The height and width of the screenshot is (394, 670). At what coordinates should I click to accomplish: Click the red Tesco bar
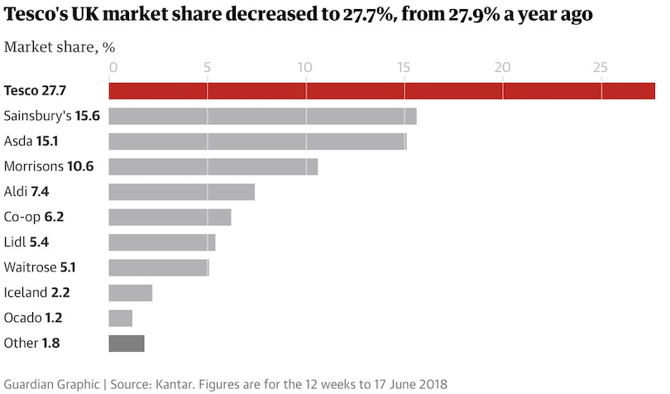point(381,91)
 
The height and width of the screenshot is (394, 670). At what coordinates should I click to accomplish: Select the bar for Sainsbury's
point(262,116)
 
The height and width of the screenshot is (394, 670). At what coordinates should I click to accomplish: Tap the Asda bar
point(257,142)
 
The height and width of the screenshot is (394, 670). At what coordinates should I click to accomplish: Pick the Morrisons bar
point(213,166)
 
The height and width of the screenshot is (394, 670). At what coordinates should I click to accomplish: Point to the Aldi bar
point(181,192)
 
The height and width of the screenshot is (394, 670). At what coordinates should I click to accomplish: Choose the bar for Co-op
point(170,217)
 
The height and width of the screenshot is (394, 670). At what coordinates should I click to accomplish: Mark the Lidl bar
point(162,243)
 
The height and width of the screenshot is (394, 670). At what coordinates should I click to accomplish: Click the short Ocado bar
point(121,318)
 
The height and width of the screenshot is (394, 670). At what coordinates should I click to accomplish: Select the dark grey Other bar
point(127,343)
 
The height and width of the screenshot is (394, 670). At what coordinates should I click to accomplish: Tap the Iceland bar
point(131,292)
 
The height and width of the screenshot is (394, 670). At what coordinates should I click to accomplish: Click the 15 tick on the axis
point(404,67)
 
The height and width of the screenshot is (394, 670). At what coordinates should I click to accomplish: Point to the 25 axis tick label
point(600,67)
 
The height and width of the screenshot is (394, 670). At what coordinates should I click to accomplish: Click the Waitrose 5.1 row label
point(41,267)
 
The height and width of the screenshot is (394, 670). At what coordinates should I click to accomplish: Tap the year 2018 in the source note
point(431,384)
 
